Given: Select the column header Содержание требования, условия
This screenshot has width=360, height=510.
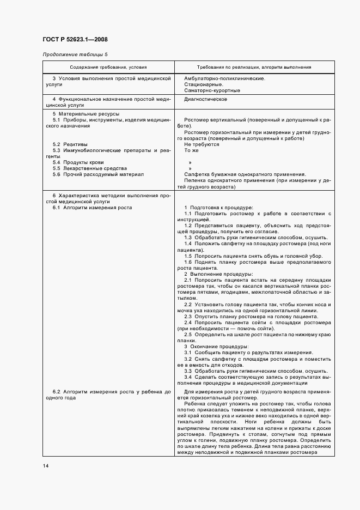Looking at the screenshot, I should (x=108, y=68).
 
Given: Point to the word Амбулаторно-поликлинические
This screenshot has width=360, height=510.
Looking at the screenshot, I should (x=224, y=78).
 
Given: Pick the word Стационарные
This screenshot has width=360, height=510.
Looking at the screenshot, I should (x=203, y=84).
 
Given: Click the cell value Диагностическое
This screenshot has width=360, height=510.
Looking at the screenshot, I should (x=205, y=100).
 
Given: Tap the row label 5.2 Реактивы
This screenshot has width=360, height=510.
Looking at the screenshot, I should (x=71, y=144).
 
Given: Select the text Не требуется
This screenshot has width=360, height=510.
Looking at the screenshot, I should (x=202, y=144).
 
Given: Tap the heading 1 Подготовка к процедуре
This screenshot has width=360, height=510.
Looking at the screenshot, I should (x=218, y=208).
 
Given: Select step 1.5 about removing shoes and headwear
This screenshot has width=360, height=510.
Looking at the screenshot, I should (x=253, y=256).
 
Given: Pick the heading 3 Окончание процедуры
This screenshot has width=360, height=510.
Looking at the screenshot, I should (x=216, y=347).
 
